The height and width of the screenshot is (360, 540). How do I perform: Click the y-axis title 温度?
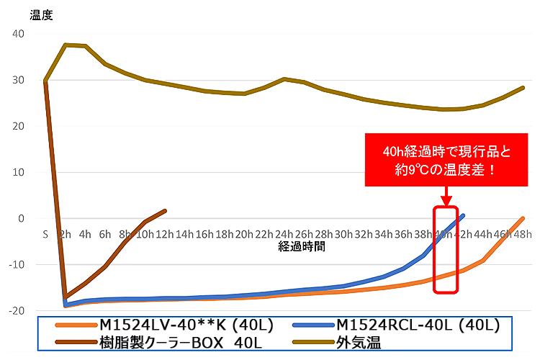click(x=42, y=13)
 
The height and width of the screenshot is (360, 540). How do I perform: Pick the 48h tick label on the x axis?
click(x=523, y=234)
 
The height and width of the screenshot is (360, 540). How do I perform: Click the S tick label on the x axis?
click(x=45, y=234)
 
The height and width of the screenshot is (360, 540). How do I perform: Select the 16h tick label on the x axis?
click(x=205, y=234)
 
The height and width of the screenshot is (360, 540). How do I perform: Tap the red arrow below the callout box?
click(x=446, y=196)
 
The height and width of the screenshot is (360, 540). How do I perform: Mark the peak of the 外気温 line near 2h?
click(x=66, y=45)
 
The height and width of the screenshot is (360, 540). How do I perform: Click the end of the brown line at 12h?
click(x=165, y=211)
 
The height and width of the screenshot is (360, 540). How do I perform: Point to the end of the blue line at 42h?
click(x=463, y=215)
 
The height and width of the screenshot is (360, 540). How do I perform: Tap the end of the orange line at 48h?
click(x=523, y=218)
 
